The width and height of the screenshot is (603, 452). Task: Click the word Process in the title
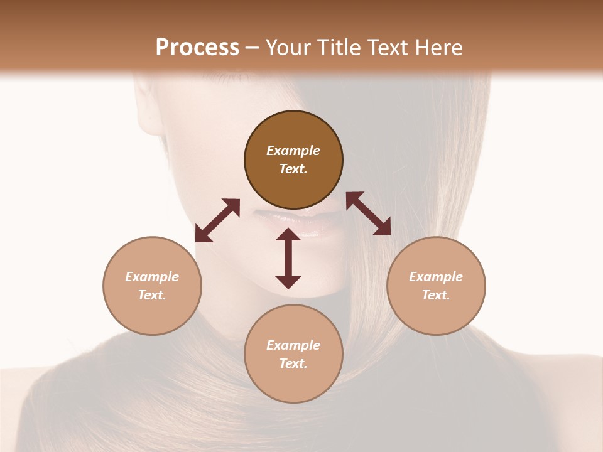[197, 48]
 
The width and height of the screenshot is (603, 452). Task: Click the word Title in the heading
[339, 48]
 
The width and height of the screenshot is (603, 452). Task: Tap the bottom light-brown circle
[293, 383]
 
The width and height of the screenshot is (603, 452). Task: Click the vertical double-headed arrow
[288, 259]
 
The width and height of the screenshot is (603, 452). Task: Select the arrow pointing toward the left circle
[217, 220]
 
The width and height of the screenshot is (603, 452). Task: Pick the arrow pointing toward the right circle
[368, 213]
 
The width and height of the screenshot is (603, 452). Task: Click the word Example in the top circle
[293, 151]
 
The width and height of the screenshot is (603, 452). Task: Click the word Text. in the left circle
[152, 295]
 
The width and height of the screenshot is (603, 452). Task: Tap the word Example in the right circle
[436, 277]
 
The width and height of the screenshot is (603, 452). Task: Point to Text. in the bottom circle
[293, 363]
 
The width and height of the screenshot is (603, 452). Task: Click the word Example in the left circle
[152, 277]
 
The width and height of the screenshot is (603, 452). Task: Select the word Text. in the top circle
[293, 169]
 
